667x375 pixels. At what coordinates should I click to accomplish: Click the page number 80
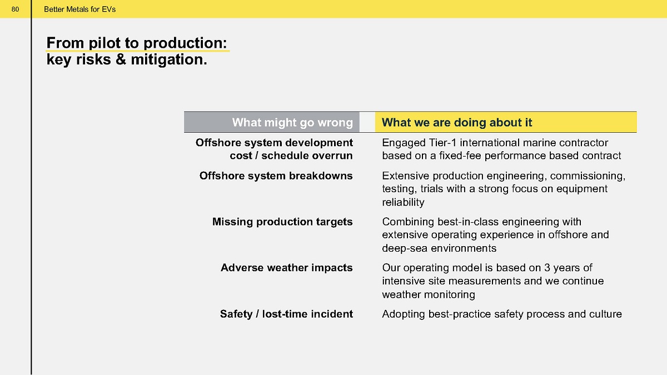pos(15,9)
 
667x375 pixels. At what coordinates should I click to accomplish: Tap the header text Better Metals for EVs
pos(80,9)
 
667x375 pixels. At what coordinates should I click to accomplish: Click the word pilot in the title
pos(104,43)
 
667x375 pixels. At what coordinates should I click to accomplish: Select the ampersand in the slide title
pos(121,59)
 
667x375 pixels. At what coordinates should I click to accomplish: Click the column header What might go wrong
pos(292,122)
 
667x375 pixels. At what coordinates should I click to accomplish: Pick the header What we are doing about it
pos(457,122)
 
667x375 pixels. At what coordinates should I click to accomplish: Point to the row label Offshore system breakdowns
pos(276,176)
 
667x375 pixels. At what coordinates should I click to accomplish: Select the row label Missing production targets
pos(282,222)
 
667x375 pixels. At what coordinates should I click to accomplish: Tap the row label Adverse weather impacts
pos(286,268)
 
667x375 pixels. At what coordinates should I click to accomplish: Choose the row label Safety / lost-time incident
pos(286,314)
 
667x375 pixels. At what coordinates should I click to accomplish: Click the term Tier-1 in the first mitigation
pos(442,143)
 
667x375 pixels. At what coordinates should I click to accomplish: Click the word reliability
pos(403,202)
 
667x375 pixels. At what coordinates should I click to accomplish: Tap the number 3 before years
pos(547,268)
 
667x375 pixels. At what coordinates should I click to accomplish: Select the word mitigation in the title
pos(169,59)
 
